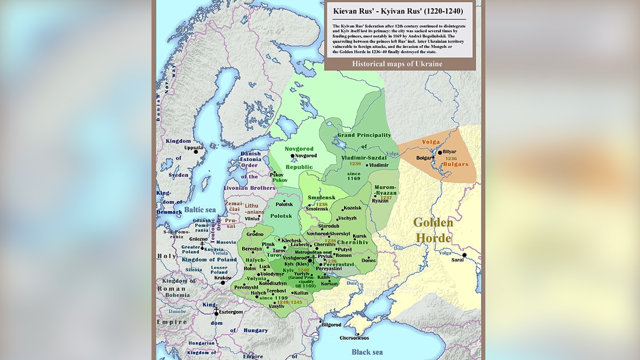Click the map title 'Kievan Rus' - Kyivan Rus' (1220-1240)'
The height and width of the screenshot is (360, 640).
pos(398,11)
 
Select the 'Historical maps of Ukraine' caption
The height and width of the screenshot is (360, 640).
pos(397,64)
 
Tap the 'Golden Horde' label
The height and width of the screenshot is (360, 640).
pos(433,230)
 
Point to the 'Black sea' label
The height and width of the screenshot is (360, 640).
pos(367,352)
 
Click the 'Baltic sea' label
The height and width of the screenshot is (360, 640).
pos(200,210)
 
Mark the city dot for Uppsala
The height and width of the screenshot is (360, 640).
pos(196,152)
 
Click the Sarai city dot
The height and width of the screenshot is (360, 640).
pos(465,255)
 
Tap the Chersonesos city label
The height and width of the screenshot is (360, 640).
pos(355,338)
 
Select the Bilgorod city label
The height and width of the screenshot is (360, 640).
pos(331,324)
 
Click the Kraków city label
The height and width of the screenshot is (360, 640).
pos(222,278)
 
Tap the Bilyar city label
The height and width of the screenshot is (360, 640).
pos(450,152)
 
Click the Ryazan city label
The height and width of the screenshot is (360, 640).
pos(380,201)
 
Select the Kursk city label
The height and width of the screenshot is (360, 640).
pos(360,236)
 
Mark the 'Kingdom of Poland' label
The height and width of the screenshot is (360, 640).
pos(209,260)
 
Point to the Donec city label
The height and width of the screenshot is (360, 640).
pos(369,260)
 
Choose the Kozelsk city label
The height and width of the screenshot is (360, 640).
pos(353,208)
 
